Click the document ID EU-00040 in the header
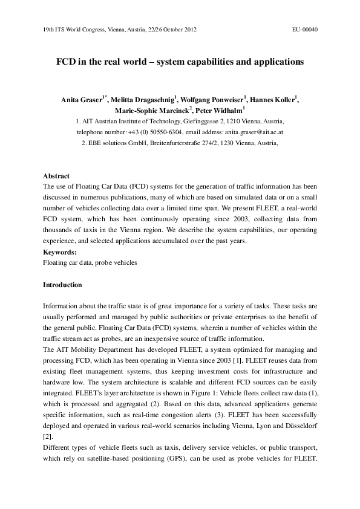tap(305, 29)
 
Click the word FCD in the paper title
tap(66, 62)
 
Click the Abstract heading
tap(56, 177)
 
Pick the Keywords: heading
tap(60, 251)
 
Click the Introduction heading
tap(63, 284)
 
